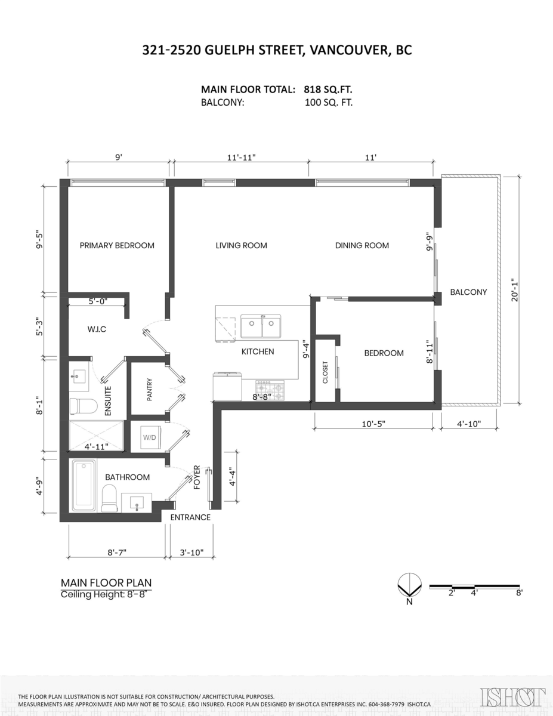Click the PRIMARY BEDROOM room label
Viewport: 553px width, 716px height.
[x=117, y=245]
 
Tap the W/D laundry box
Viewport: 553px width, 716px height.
[x=148, y=438]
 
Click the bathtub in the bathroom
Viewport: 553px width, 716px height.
[x=84, y=486]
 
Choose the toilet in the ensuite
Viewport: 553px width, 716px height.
[x=83, y=406]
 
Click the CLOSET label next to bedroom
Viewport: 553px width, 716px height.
[x=325, y=372]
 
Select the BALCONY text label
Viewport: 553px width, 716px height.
[x=468, y=292]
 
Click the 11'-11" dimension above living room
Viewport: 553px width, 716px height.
[x=241, y=158]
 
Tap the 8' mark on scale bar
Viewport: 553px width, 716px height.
[x=519, y=593]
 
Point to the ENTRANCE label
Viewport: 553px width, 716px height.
[x=190, y=517]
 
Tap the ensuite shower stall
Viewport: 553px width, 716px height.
[x=97, y=436]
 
